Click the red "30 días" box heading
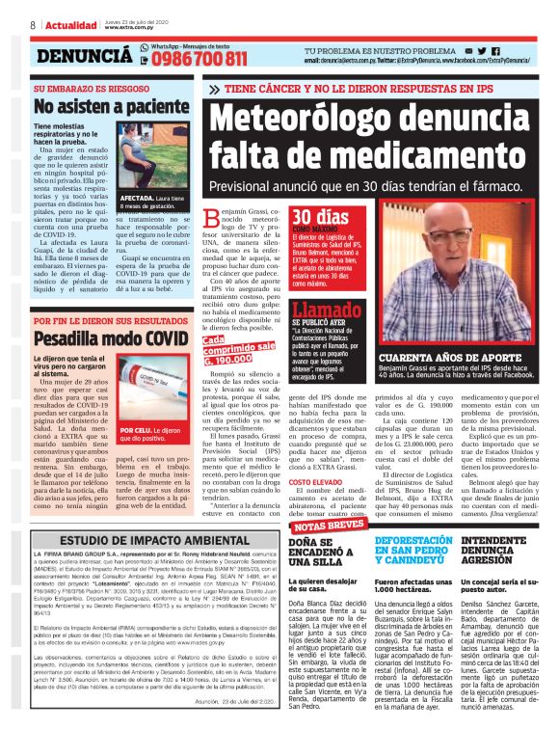pyautogui.click(x=293, y=218)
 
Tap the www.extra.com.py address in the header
pyautogui.click(x=131, y=28)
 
